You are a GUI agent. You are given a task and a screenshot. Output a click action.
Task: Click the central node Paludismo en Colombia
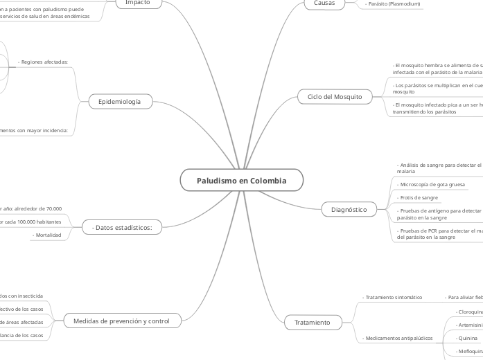[241, 180]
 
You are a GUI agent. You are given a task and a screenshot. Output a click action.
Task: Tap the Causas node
[324, 3]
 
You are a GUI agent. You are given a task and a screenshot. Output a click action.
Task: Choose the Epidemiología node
[119, 102]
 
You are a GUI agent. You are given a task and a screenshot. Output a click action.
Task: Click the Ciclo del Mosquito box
[334, 97]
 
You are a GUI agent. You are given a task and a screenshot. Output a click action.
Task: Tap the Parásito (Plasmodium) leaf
[393, 3]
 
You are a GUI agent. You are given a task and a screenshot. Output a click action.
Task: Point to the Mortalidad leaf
[49, 235]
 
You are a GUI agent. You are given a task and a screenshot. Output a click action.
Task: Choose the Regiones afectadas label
[44, 62]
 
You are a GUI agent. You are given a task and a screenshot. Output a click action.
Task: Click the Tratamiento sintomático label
[394, 297]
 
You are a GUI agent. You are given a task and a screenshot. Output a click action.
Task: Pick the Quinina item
[466, 338]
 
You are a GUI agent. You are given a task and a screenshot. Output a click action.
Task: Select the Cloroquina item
[470, 312]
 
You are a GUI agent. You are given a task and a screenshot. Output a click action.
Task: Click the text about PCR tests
[438, 233]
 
